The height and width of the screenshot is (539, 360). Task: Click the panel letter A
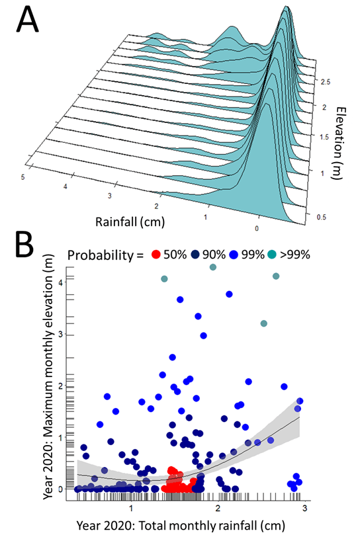coord(26,21)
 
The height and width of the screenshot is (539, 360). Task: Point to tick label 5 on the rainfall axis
coord(23,177)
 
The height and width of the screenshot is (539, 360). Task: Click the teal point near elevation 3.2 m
coord(264,323)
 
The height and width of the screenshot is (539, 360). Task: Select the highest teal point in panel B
coord(213,267)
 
